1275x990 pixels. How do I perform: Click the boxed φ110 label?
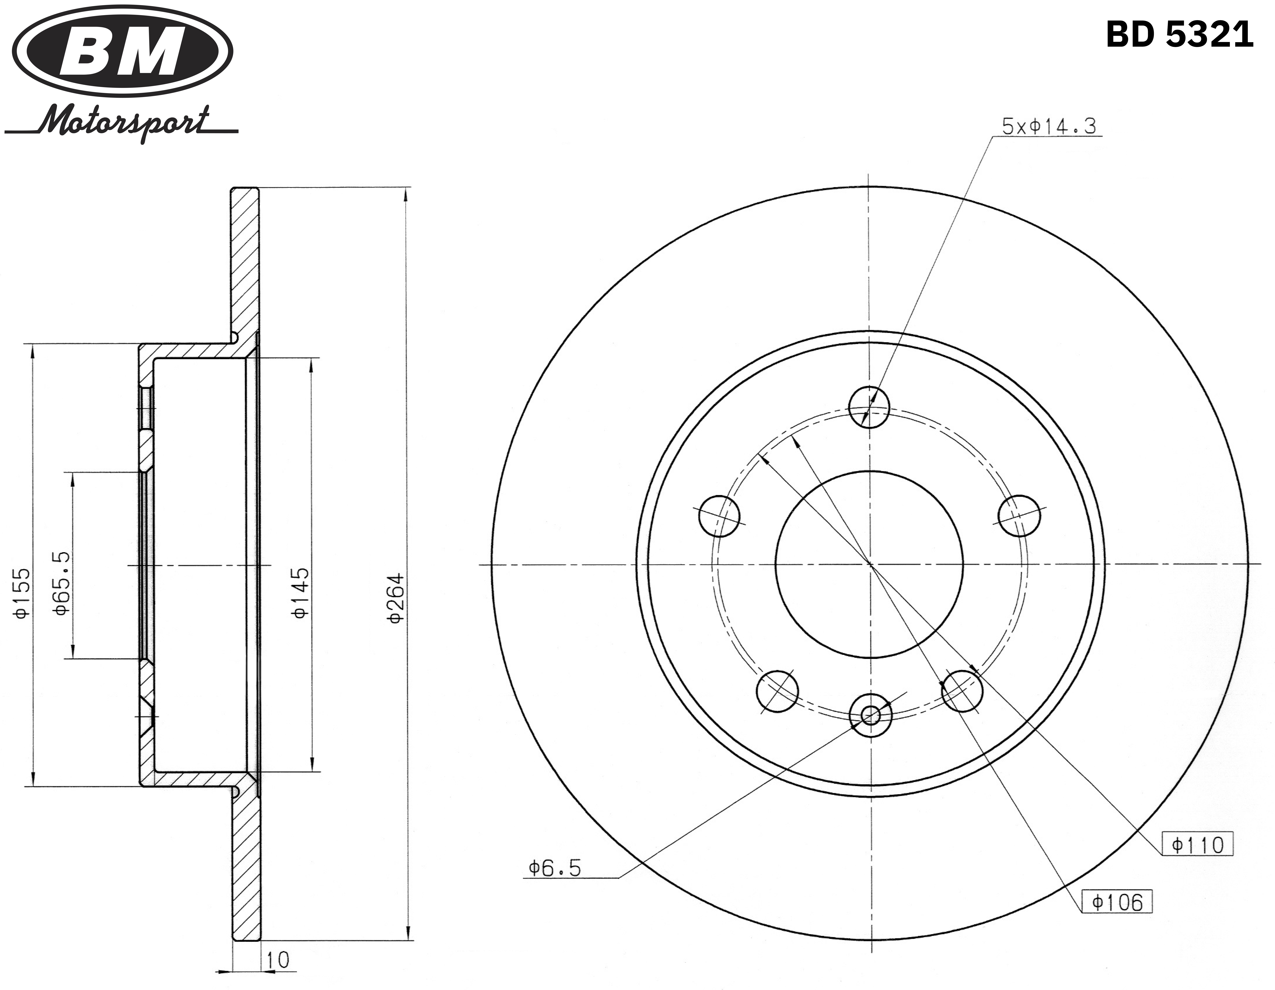pos(1197,845)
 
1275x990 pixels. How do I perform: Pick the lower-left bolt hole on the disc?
pos(777,691)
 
